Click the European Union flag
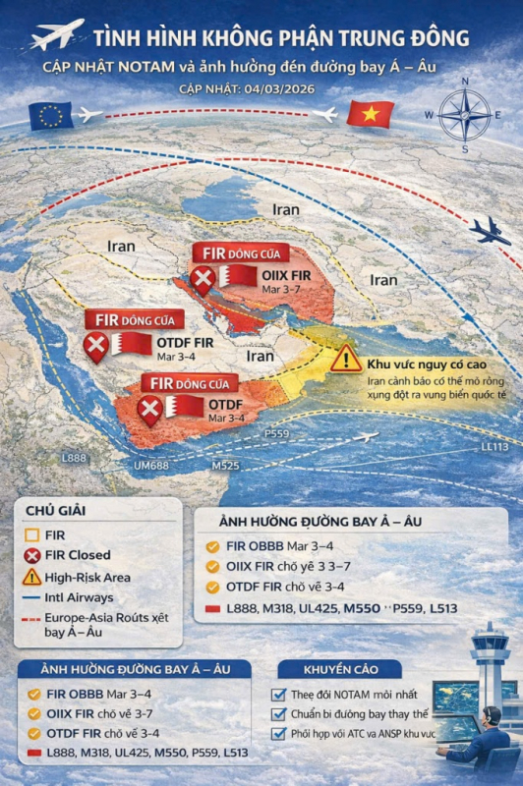(x=51, y=116)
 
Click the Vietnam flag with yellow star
(x=370, y=115)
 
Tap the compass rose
(x=464, y=115)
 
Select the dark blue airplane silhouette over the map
(x=489, y=232)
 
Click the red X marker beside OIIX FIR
(x=203, y=282)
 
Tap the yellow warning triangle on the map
(x=345, y=359)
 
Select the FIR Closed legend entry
(x=69, y=555)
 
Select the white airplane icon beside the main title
(x=57, y=35)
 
